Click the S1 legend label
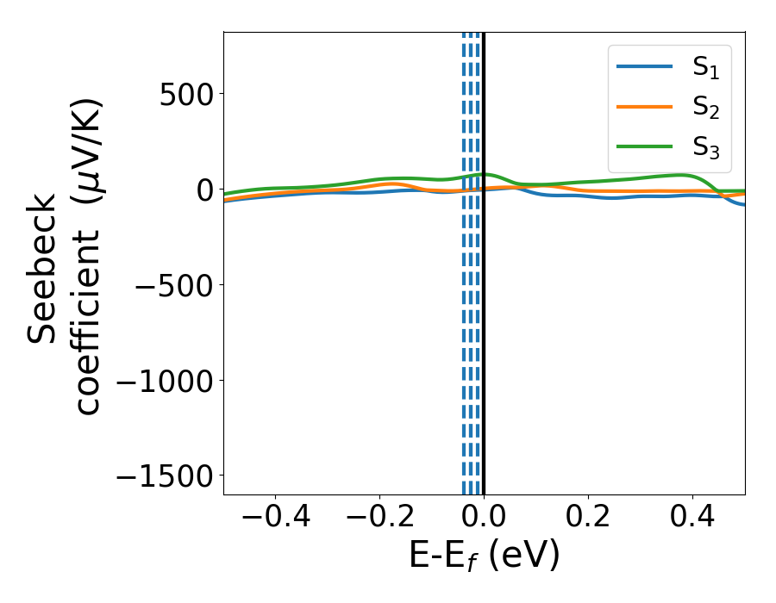705,69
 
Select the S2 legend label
705,108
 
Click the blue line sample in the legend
644,67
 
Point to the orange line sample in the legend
644,107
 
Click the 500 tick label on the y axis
186,94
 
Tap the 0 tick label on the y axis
203,190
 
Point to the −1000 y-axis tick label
163,380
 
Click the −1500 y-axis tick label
163,476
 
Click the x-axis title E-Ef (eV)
484,556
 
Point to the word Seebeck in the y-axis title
42,268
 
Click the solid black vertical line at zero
484,345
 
